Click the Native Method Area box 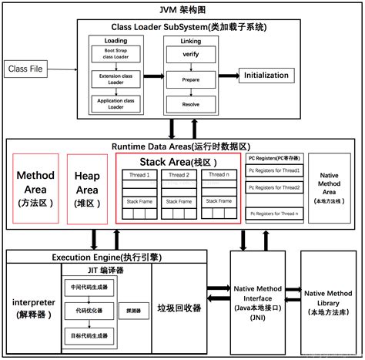click(332, 188)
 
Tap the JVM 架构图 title click(182, 10)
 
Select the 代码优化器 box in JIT click(88, 311)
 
